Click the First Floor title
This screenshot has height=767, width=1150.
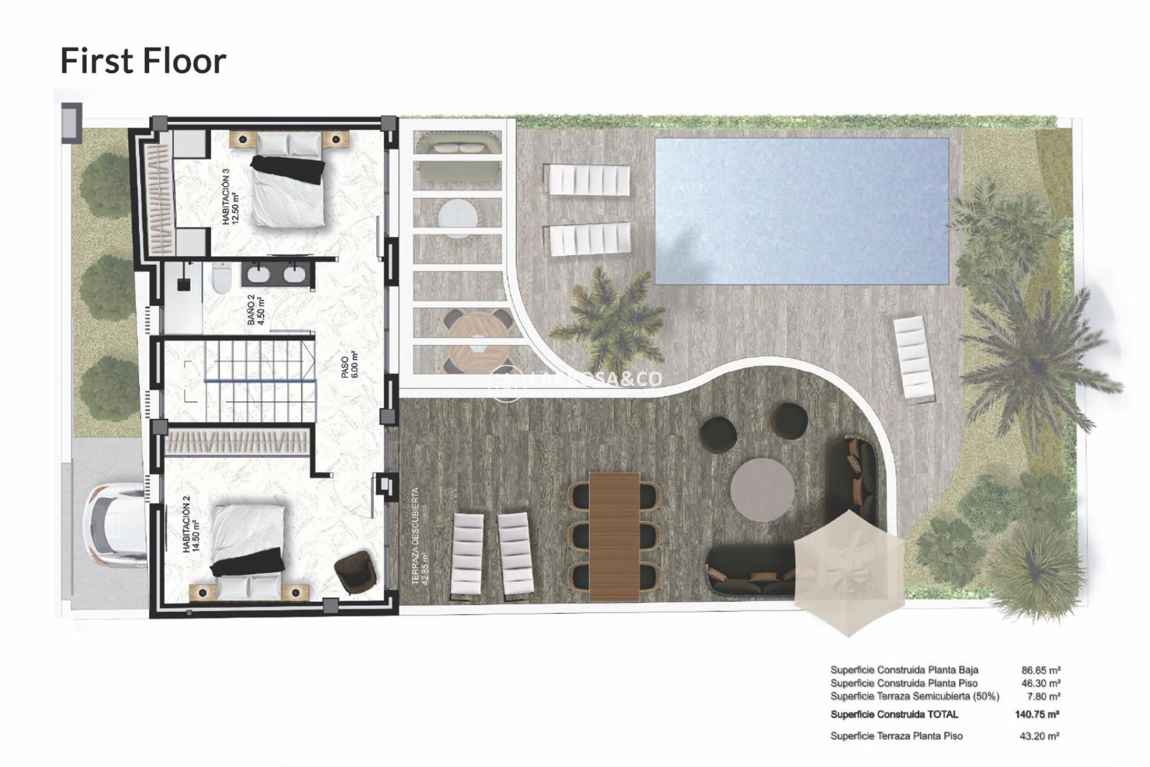(x=143, y=61)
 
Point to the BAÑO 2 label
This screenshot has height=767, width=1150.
(x=255, y=309)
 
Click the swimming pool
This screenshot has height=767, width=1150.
(x=801, y=211)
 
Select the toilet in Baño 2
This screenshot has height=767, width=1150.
(x=221, y=279)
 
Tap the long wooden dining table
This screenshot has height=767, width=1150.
(x=614, y=536)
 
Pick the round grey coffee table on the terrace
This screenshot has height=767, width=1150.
(x=762, y=490)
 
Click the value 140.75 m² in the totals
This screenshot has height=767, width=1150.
(x=1037, y=714)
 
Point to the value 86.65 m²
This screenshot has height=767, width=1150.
(x=1041, y=671)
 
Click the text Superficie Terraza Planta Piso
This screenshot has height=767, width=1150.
(x=896, y=736)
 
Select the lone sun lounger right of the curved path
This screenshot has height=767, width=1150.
(x=913, y=358)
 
